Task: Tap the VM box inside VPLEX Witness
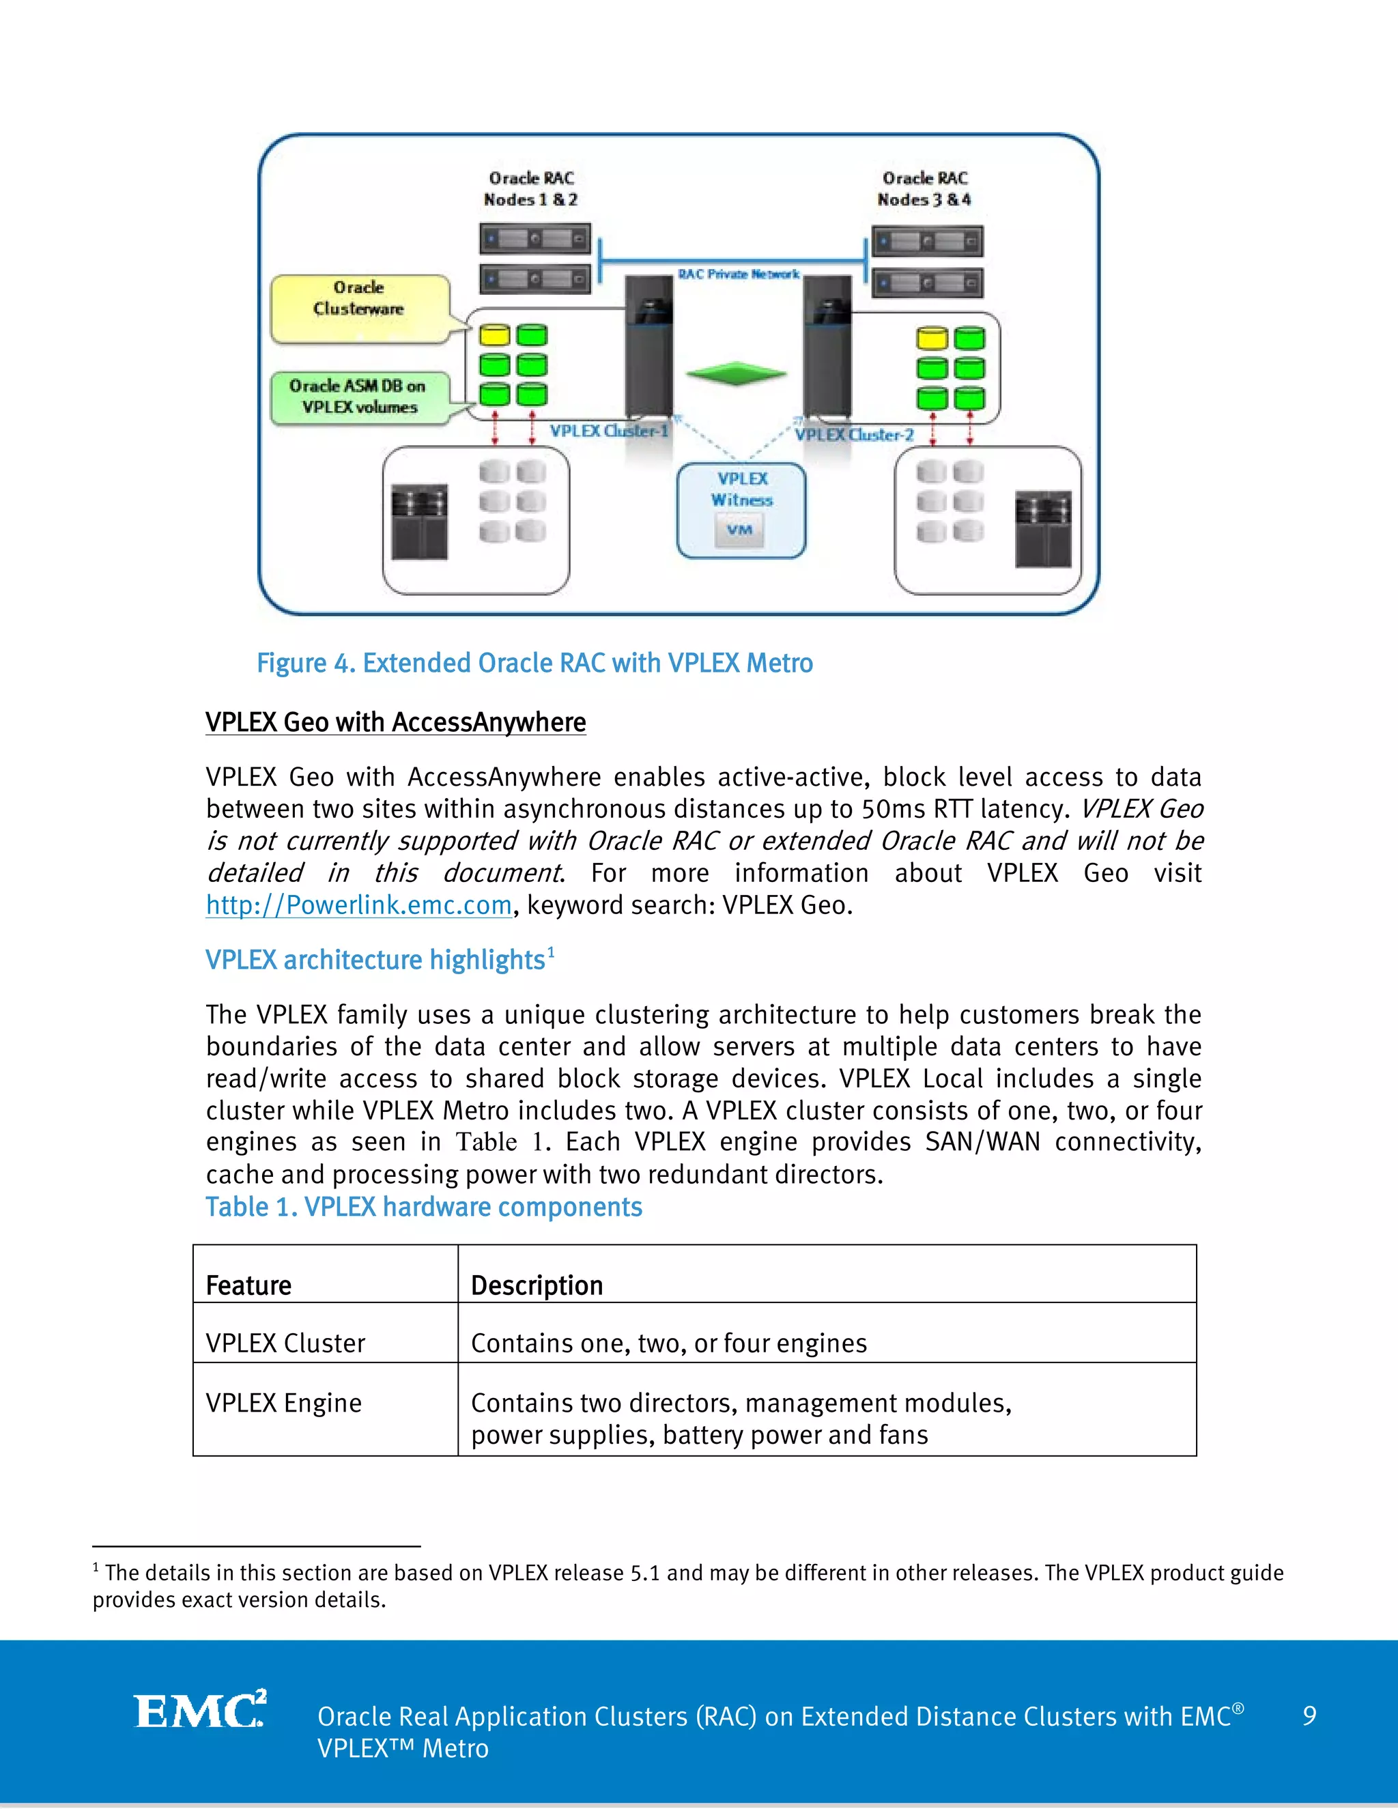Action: (x=739, y=530)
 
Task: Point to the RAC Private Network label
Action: (x=738, y=274)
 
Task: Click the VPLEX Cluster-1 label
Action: (x=609, y=431)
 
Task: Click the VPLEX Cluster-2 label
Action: (x=854, y=435)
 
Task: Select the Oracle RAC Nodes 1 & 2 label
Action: (x=531, y=189)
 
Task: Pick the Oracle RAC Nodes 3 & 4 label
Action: (x=924, y=189)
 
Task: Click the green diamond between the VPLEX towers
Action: (x=735, y=373)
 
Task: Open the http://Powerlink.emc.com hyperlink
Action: (x=358, y=904)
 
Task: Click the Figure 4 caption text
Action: (x=534, y=664)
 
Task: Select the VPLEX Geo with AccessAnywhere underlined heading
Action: (x=395, y=722)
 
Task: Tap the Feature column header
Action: (x=248, y=1285)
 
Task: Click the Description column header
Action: (x=537, y=1285)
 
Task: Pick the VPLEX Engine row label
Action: (x=283, y=1402)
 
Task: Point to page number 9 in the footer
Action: (x=1309, y=1715)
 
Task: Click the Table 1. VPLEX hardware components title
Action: (x=423, y=1207)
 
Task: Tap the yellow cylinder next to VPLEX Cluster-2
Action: (x=932, y=338)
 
